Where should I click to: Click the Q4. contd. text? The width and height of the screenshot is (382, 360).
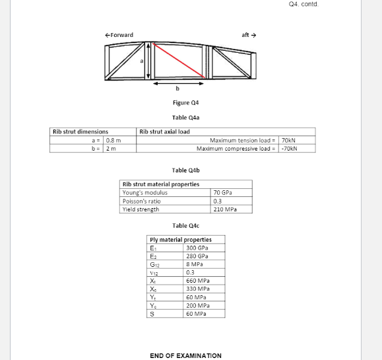point(303,4)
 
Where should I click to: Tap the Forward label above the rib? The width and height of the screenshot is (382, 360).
point(119,35)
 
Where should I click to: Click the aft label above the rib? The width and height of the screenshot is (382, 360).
point(249,35)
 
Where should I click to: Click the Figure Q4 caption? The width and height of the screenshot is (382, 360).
point(185,103)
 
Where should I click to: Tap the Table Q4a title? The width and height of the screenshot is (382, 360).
point(185,118)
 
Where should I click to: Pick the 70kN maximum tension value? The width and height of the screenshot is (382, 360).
point(288,140)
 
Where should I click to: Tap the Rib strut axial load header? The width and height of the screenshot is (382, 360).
point(165,131)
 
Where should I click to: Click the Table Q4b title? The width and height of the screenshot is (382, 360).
point(185,170)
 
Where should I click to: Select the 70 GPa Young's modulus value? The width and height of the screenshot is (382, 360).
point(222,192)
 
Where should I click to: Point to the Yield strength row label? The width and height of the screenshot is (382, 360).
point(141,209)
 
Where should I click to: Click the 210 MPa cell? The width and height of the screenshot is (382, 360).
point(224,209)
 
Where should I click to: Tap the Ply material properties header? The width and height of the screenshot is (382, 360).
point(181,239)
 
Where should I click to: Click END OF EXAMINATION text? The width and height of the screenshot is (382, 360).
point(185,355)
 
